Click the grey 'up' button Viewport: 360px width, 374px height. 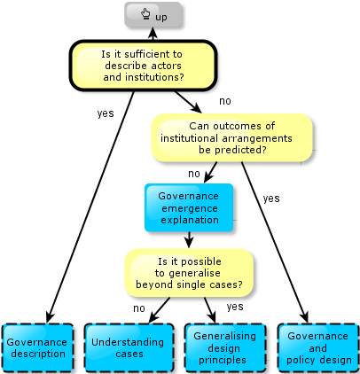coord(153,15)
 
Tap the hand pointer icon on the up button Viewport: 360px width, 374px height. coord(145,14)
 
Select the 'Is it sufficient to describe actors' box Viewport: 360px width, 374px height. coord(144,66)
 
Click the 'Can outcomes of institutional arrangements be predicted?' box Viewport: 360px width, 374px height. coord(231,137)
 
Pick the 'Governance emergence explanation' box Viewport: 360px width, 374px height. coord(189,207)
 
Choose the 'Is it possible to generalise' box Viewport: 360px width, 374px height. coord(189,273)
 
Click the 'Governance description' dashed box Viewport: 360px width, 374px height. coord(38,347)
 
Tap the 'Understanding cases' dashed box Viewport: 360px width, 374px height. coord(129,347)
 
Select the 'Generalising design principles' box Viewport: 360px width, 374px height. coord(225,347)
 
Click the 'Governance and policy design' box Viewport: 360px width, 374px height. coord(318,347)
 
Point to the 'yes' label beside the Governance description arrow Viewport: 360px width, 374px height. coord(106,113)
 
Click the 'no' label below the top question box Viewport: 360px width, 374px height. coord(225,101)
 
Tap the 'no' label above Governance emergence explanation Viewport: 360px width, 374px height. coord(194,174)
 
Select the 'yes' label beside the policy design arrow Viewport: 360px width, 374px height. coord(271,199)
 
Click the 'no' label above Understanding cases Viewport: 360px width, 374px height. coord(139,308)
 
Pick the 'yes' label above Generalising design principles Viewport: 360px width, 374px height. coord(235,307)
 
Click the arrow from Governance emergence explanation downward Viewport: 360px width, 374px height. coord(189,239)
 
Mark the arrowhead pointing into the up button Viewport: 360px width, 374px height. coord(153,32)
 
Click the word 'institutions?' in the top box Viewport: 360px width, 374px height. coord(154,77)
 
